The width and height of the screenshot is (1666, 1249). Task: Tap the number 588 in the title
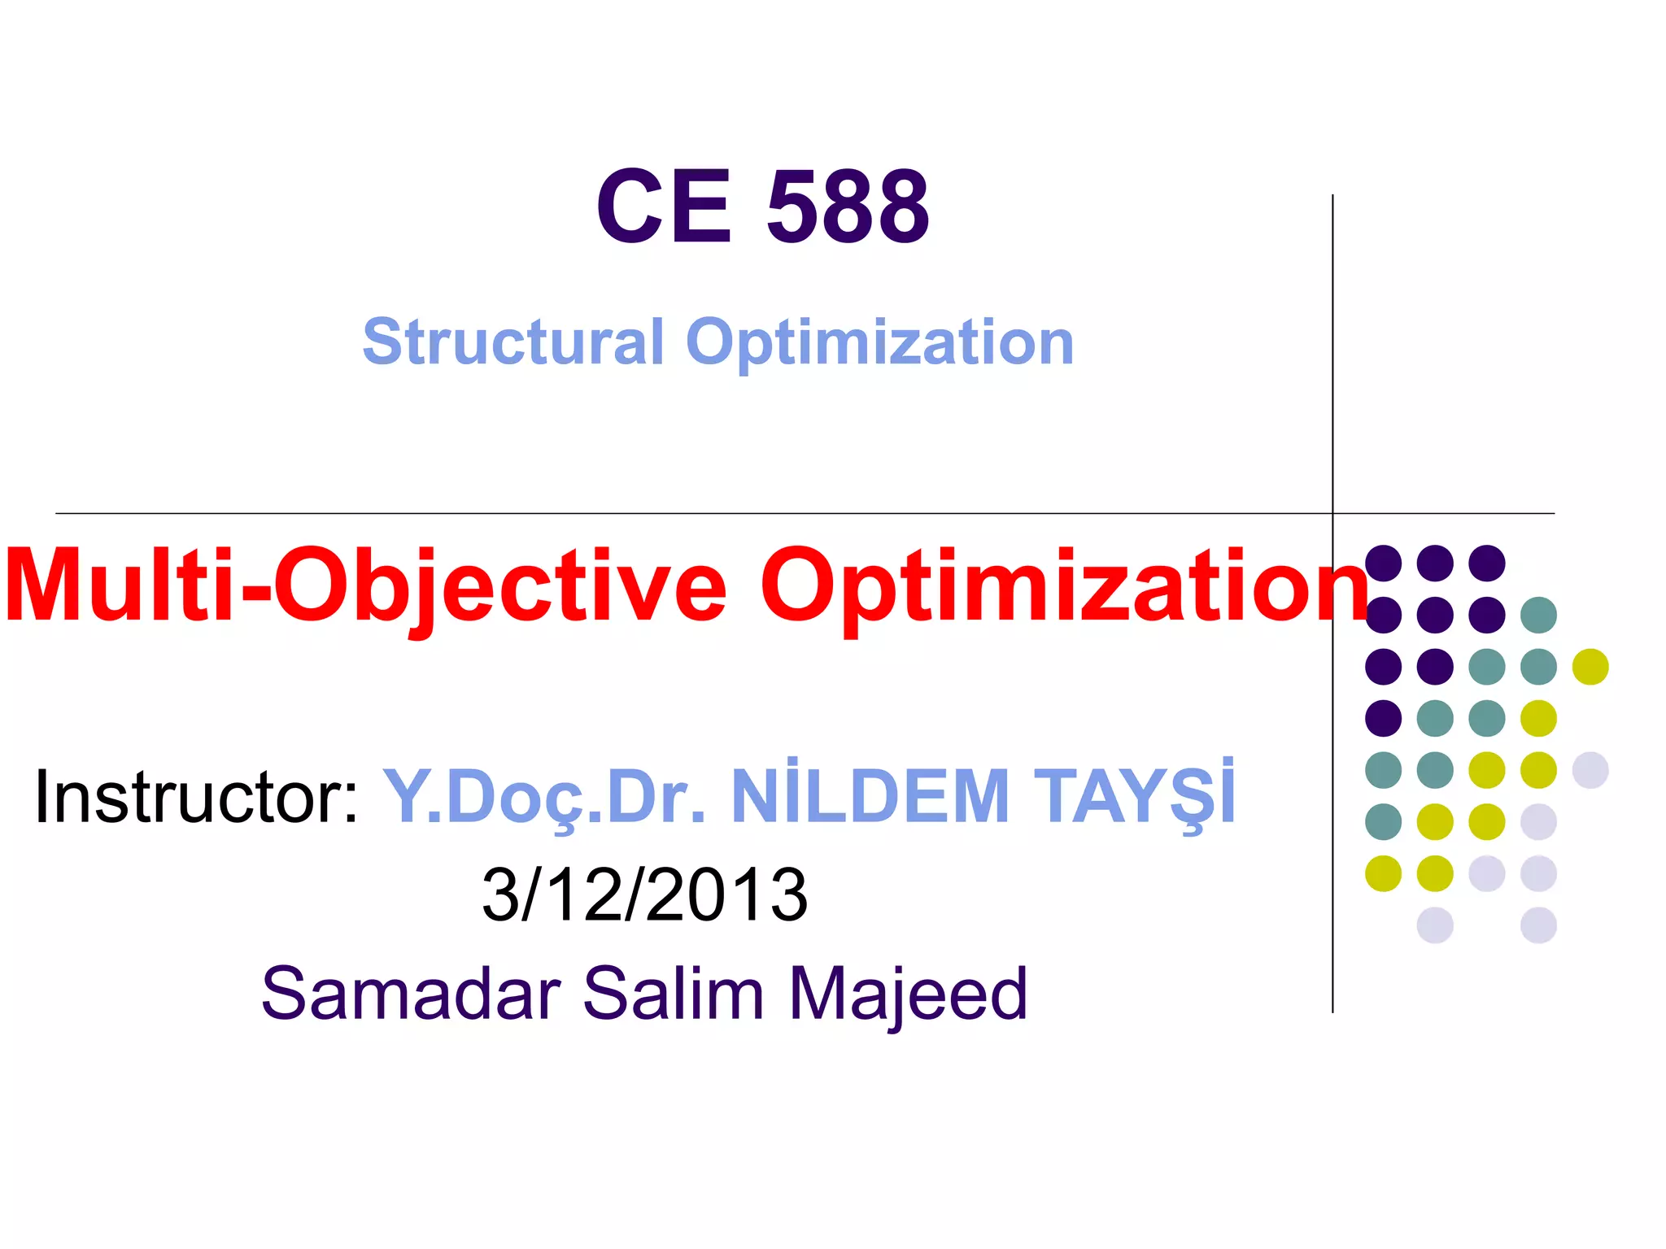pos(848,207)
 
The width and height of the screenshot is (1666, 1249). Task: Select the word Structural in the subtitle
pos(513,342)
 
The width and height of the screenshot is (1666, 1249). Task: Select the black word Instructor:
pos(196,797)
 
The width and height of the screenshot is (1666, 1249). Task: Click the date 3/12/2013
pos(645,894)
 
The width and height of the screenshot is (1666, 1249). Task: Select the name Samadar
pos(411,993)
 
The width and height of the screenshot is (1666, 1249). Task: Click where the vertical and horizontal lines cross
pos(1332,513)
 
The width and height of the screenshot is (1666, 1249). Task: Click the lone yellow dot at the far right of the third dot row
pos(1590,667)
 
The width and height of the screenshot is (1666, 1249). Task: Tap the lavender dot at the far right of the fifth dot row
pos(1590,770)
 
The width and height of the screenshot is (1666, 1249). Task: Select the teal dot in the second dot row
pos(1538,615)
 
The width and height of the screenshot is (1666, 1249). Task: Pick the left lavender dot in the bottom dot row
pos(1435,925)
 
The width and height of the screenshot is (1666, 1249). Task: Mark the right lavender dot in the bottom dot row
pos(1538,925)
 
